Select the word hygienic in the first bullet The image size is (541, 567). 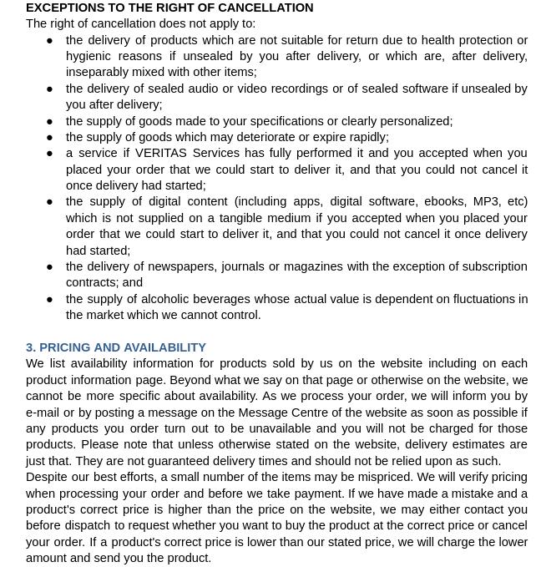pos(89,56)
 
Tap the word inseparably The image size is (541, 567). pos(99,72)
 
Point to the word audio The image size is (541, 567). pos(235,89)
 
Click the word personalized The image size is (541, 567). pos(415,121)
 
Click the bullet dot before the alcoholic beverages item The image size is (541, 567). pos(50,299)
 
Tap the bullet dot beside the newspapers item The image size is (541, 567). pos(50,266)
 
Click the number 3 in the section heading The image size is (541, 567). pos(30,347)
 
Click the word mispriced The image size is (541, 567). pos(378,477)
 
